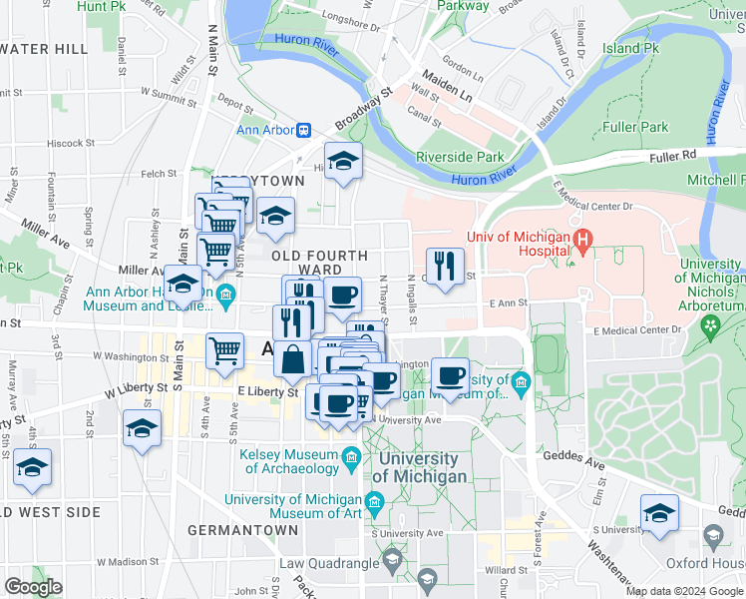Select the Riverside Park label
click(x=460, y=157)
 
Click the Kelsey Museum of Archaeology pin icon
click(x=351, y=459)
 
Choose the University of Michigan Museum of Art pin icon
click(x=377, y=500)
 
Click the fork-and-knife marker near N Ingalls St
click(x=445, y=267)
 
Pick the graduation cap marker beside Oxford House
click(x=658, y=513)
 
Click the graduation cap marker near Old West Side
click(x=32, y=467)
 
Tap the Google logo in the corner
click(x=33, y=587)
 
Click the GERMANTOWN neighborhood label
click(x=236, y=529)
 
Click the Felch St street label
click(x=159, y=174)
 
